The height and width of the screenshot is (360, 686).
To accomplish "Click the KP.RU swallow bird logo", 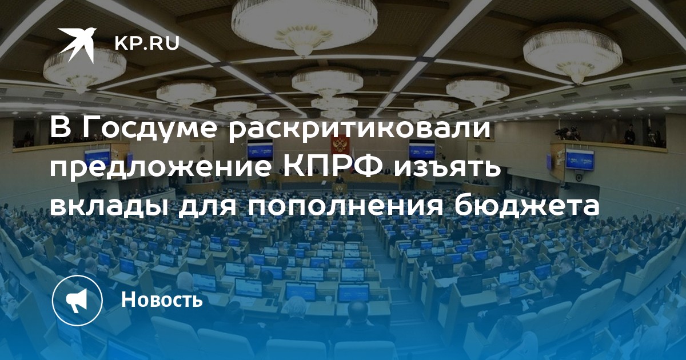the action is [77, 45].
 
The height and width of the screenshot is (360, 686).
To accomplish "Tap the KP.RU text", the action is [147, 43].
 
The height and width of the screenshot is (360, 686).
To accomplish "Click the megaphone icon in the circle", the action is [77, 300].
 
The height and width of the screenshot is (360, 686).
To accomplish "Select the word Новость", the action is [162, 299].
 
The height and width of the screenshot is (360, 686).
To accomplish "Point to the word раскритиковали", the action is [359, 128].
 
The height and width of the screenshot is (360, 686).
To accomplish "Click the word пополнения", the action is [346, 208].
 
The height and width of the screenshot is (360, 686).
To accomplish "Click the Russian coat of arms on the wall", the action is [339, 145].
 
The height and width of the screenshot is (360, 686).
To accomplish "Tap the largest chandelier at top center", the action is [304, 26].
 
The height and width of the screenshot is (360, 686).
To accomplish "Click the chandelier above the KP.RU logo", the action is [85, 67].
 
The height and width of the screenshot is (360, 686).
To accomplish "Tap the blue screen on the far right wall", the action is [580, 159].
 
